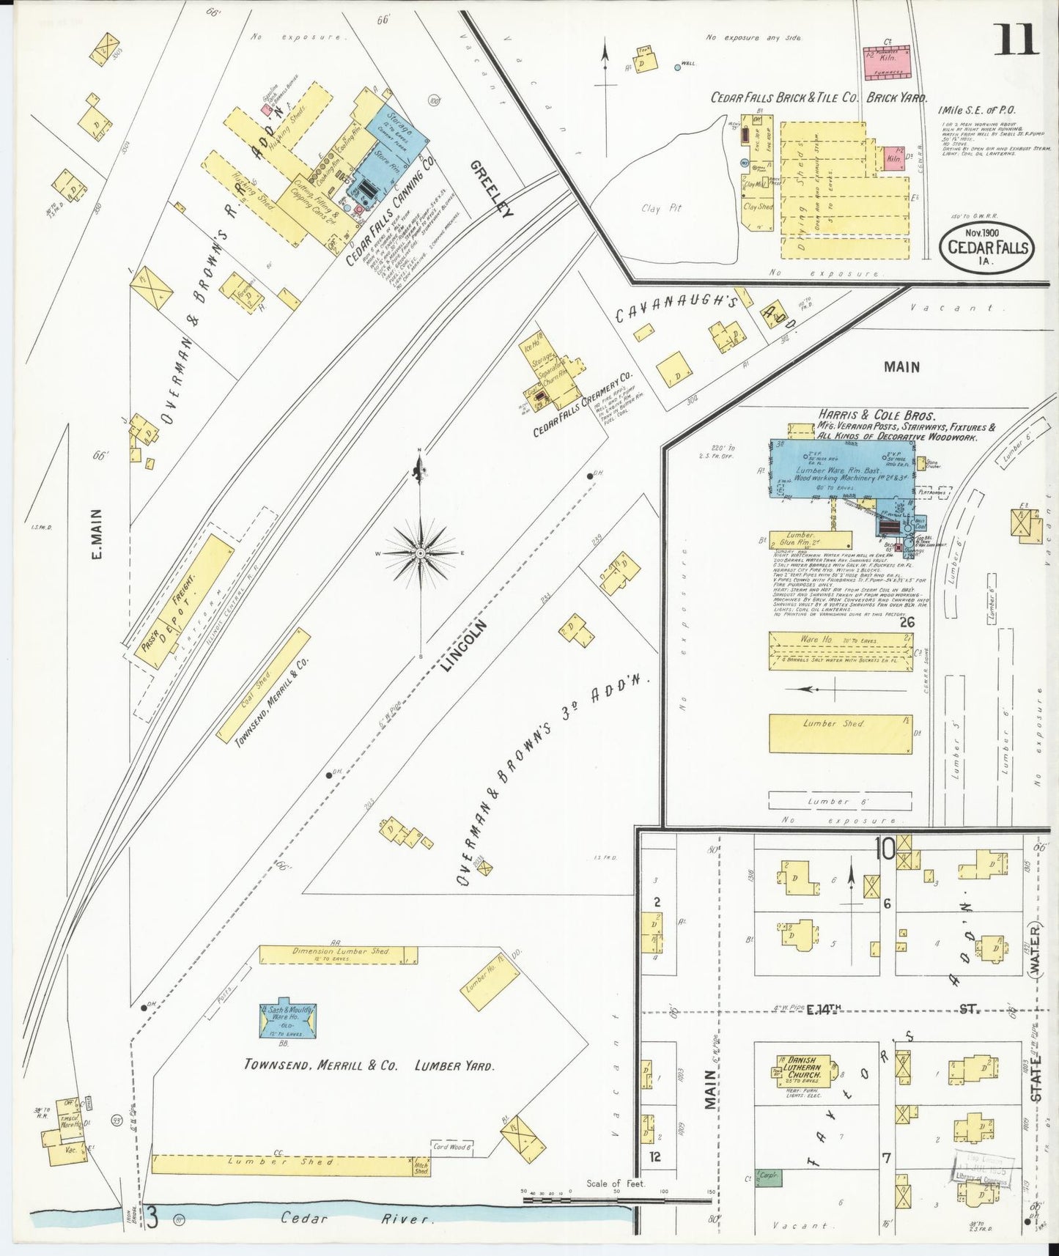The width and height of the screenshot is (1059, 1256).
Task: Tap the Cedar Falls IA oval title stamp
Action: tap(987, 248)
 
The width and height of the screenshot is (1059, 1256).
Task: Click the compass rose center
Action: tap(420, 553)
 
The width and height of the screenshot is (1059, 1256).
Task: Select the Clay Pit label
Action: tap(661, 209)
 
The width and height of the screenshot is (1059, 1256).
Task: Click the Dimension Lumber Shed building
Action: tap(339, 954)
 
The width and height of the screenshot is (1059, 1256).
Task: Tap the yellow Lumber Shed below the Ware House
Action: tap(840, 733)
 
